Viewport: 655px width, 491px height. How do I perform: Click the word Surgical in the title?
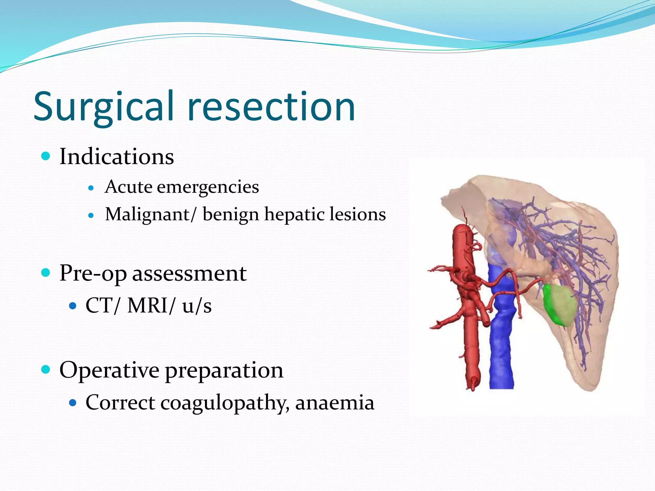(x=104, y=107)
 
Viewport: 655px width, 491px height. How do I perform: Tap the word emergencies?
(x=208, y=187)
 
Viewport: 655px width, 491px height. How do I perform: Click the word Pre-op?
(x=93, y=274)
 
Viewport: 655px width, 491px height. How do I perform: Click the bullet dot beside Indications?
(x=46, y=156)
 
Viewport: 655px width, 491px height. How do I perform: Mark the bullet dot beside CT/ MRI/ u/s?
(x=73, y=306)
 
